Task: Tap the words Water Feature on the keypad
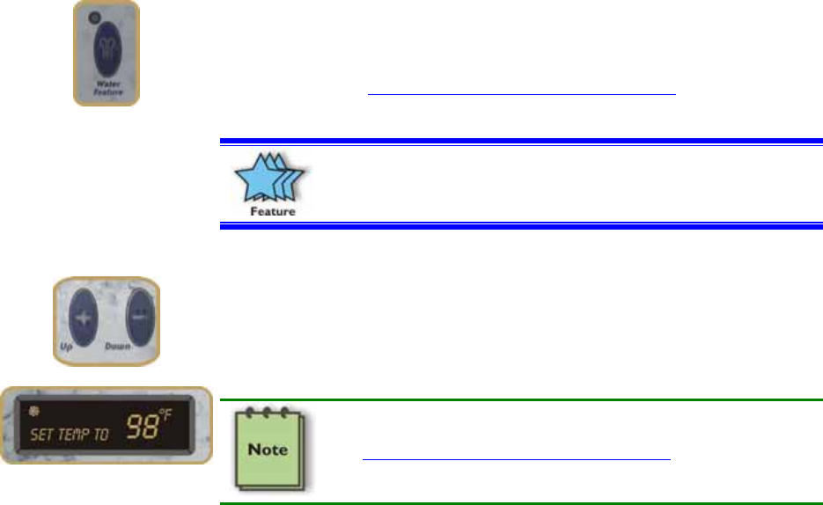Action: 107,89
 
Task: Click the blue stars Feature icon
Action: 269,179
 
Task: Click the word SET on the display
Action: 42,435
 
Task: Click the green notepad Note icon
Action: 269,450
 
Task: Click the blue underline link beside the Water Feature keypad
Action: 522,93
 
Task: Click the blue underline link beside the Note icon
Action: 517,459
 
